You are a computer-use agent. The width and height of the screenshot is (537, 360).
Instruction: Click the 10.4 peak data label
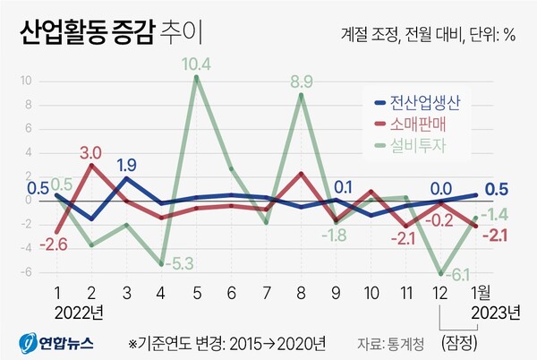[x=195, y=64]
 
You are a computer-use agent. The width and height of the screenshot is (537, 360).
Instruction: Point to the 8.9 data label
[x=302, y=82]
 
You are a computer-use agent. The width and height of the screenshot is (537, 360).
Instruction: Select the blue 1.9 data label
[x=126, y=165]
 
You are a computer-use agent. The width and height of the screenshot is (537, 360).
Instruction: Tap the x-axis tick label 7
[x=267, y=294]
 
